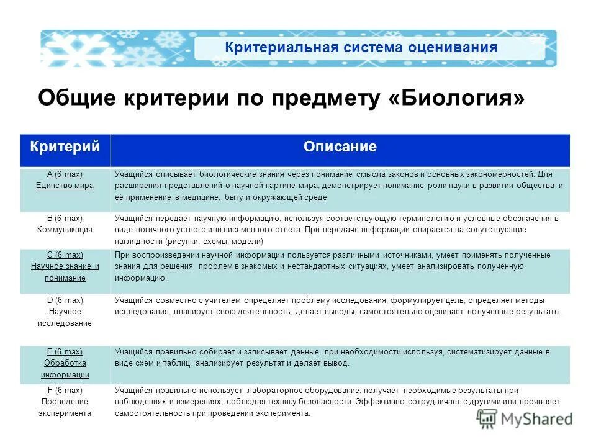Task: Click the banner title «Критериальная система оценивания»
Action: pos(361,48)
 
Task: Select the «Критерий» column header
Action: pos(65,147)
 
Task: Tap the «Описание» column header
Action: pos(340,147)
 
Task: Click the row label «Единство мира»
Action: pos(65,186)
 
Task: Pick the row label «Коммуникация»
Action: pos(65,229)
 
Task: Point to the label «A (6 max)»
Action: pos(65,174)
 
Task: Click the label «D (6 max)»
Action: pos(65,300)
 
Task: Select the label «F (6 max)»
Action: pos(65,390)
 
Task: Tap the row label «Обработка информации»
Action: pos(65,369)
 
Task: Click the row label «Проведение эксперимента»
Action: pos(65,407)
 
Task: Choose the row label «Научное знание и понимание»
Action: pos(65,272)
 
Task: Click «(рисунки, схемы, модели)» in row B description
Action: pos(215,241)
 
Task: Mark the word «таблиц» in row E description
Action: pos(178,363)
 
